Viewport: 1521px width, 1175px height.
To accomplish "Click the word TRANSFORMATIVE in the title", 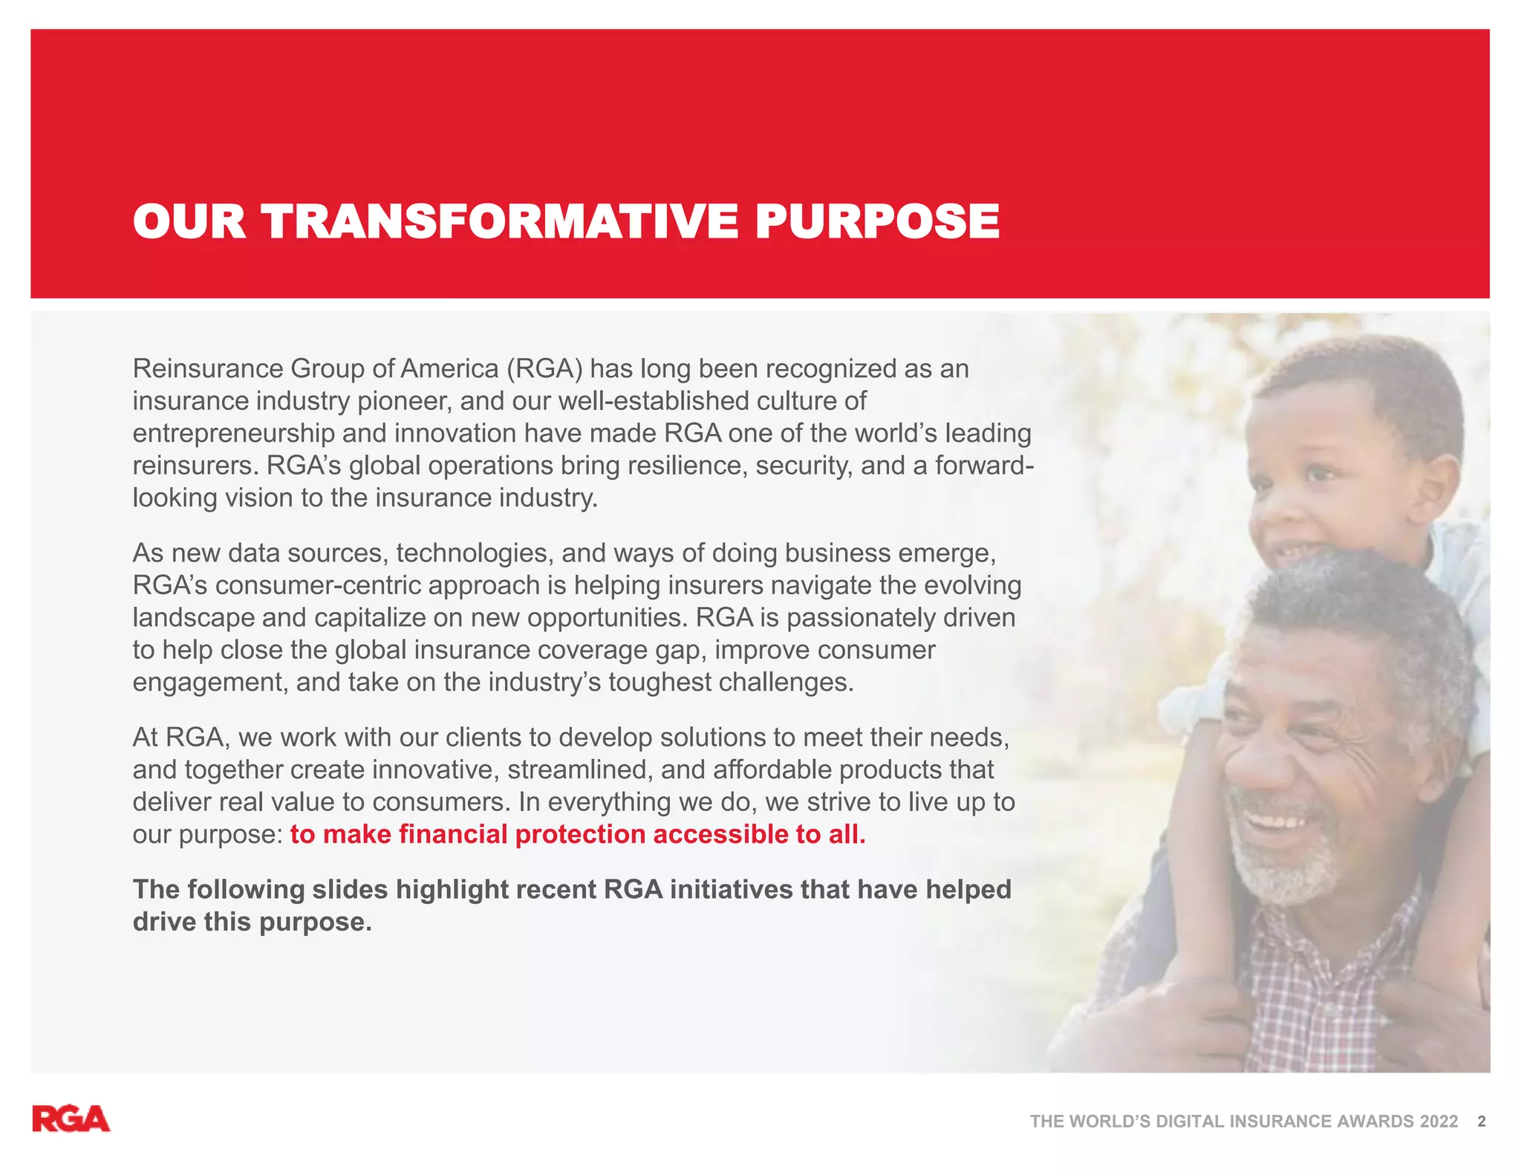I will click(x=499, y=221).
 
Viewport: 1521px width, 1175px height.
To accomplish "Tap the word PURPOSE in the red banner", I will click(x=877, y=221).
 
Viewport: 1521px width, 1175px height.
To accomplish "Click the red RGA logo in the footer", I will click(x=71, y=1119).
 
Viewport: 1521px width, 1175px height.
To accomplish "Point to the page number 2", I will click(x=1482, y=1122).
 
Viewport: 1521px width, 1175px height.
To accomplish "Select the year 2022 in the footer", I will click(x=1439, y=1122).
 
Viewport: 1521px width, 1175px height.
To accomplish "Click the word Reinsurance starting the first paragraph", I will click(x=208, y=368).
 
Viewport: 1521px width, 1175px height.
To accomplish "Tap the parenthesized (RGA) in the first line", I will click(x=545, y=368).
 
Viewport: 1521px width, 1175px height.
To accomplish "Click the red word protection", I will click(x=580, y=834).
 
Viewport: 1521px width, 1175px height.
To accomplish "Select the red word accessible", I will click(x=720, y=834).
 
